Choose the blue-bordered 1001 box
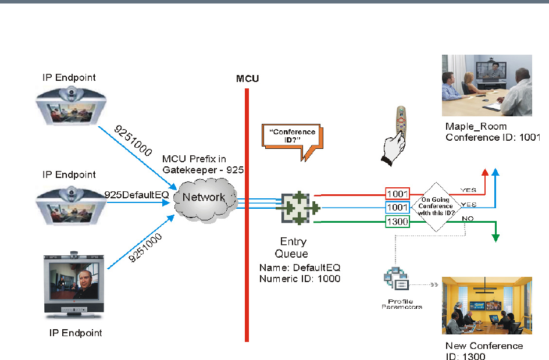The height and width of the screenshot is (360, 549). click(x=398, y=207)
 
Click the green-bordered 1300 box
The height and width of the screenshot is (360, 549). click(x=398, y=221)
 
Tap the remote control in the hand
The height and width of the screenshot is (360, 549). click(x=401, y=120)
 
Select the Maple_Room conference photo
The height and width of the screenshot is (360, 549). click(x=486, y=85)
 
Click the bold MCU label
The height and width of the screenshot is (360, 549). click(x=247, y=78)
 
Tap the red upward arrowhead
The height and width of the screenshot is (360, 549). click(x=486, y=172)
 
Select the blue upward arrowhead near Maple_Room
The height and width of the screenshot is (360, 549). click(x=495, y=172)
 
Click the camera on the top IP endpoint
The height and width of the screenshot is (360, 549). click(x=72, y=92)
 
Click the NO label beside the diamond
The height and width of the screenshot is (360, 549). click(x=466, y=218)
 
